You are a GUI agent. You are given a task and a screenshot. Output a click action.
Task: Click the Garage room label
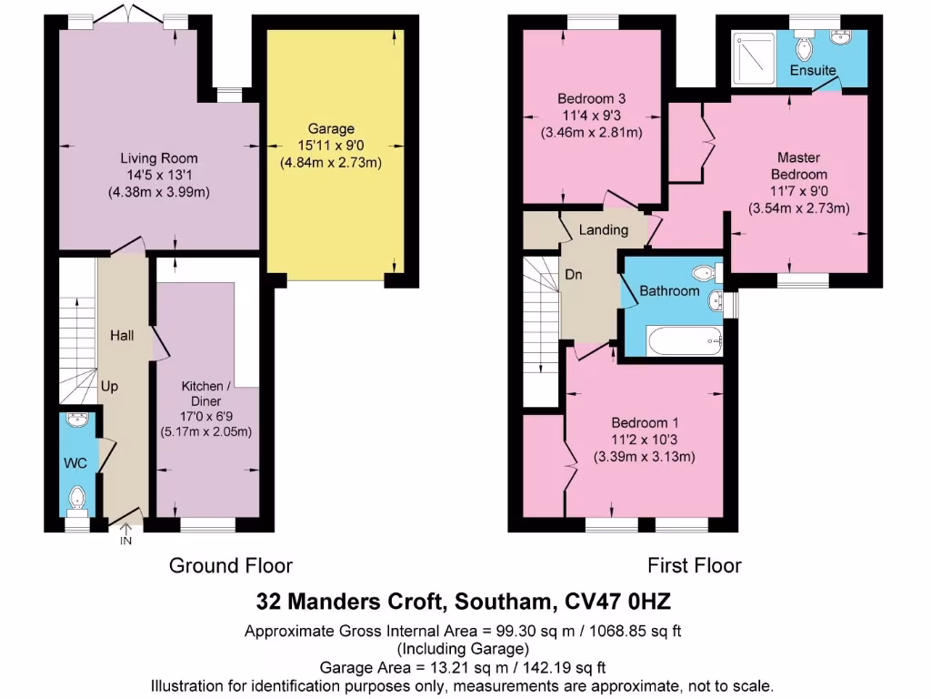[x=330, y=128]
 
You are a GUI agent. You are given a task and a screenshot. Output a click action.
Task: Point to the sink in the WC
[x=78, y=421]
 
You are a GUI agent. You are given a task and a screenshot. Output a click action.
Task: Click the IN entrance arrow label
[x=125, y=541]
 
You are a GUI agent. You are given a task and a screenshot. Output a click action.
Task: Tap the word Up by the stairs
[x=109, y=386]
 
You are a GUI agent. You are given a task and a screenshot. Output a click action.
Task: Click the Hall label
[x=122, y=336]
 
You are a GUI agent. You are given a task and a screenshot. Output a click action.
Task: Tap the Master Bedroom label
[x=799, y=166]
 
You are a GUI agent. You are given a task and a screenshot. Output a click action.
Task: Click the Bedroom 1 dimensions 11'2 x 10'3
[x=644, y=441]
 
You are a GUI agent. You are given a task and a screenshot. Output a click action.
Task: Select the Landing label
[x=604, y=230]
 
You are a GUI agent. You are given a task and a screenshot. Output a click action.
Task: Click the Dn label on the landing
[x=574, y=274]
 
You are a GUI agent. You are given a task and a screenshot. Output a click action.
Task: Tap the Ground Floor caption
[x=231, y=565]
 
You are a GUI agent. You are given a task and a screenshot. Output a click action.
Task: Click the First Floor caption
[x=694, y=565]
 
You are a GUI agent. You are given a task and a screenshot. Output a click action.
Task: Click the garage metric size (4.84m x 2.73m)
[x=330, y=163]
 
